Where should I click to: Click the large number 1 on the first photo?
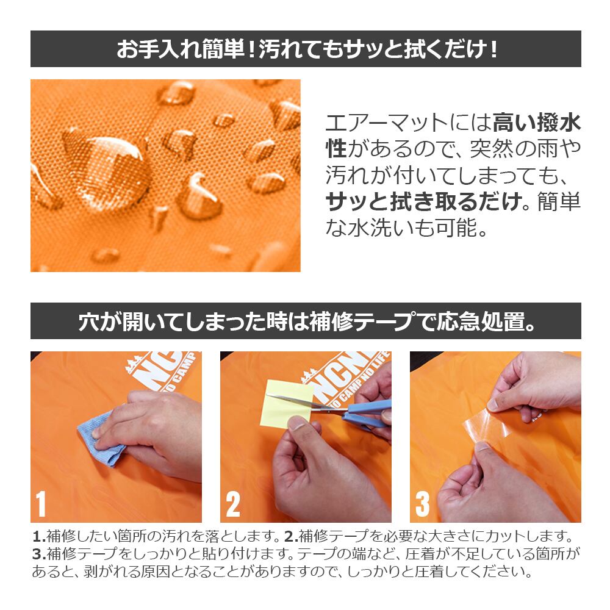[x=41, y=504]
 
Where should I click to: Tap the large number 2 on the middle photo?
[x=233, y=504]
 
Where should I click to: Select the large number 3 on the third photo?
[x=423, y=504]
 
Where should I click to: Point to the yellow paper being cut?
[x=286, y=403]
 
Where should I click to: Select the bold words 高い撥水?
[x=536, y=123]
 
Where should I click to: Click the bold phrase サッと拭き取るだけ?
[x=424, y=201]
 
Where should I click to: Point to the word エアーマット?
[x=387, y=123]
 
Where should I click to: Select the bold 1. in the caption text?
[x=39, y=536]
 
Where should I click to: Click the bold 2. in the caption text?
[x=292, y=536]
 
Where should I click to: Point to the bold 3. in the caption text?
[x=39, y=554]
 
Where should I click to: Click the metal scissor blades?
[x=307, y=402]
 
